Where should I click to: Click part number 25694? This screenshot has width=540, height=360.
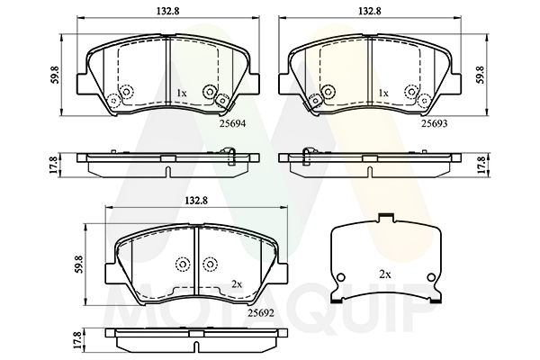pyautogui.click(x=233, y=123)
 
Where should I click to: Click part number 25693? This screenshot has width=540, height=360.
pyautogui.click(x=435, y=123)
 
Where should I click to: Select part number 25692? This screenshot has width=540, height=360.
pyautogui.click(x=261, y=313)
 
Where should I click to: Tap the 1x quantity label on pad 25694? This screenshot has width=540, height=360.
pyautogui.click(x=182, y=93)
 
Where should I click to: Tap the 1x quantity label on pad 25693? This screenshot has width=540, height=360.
pyautogui.click(x=383, y=93)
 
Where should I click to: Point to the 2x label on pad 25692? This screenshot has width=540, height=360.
pyautogui.click(x=237, y=284)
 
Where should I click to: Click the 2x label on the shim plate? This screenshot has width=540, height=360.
pyautogui.click(x=385, y=274)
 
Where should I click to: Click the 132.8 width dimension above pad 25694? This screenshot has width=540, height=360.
pyautogui.click(x=168, y=11)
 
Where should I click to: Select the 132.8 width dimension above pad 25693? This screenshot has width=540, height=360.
pyautogui.click(x=370, y=11)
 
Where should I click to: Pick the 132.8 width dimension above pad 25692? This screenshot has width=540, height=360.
pyautogui.click(x=196, y=201)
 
